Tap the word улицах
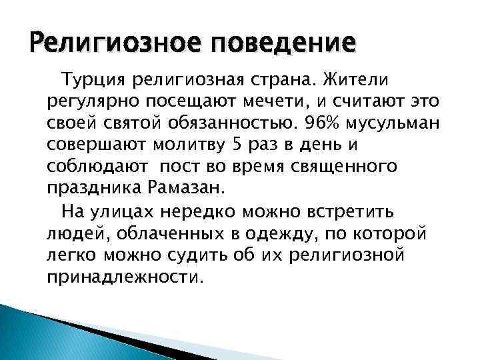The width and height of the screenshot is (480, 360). (153, 212)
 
